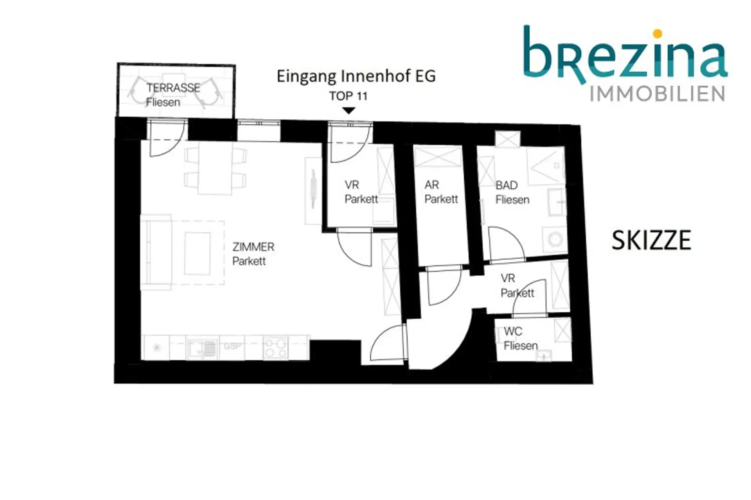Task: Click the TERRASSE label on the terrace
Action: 173,87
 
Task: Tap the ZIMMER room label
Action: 253,247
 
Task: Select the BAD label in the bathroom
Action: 507,185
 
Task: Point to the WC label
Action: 513,331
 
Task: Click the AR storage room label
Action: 432,184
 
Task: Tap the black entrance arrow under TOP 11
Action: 349,110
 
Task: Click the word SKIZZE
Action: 651,240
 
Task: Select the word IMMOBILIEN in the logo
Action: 657,94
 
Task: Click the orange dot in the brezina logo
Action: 658,34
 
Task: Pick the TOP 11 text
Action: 349,96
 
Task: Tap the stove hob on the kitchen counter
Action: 275,348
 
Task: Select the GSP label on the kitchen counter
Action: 232,346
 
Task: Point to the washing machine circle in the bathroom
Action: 555,239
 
